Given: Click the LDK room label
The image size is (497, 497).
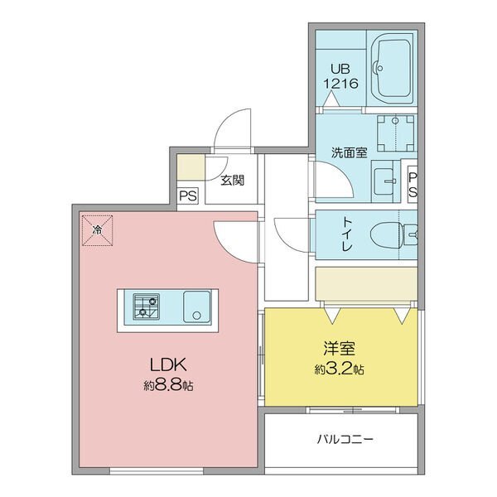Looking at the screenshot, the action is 167,364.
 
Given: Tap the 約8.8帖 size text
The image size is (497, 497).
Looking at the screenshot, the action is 168,385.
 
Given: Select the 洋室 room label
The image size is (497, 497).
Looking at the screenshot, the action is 339,348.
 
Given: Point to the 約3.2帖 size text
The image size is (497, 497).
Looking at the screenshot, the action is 339,369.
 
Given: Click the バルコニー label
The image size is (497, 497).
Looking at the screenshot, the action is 345,439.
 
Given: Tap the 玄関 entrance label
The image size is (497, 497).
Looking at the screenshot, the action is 232,181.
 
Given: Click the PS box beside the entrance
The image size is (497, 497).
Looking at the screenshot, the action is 188,195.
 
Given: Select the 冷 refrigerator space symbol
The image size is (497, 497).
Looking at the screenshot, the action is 97,230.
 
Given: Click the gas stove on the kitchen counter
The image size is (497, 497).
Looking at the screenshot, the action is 146,306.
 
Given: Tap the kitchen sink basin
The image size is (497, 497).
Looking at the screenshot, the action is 197,306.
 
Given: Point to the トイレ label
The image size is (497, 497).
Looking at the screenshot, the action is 347,234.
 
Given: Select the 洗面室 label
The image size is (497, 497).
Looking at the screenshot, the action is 349,152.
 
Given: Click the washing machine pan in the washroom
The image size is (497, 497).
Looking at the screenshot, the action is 396,133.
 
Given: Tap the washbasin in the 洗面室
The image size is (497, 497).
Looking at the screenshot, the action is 384,181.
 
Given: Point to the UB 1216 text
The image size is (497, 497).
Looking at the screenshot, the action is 340,76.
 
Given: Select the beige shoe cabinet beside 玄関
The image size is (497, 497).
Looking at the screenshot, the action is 191,167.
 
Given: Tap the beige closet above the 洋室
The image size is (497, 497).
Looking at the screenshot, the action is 366,283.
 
